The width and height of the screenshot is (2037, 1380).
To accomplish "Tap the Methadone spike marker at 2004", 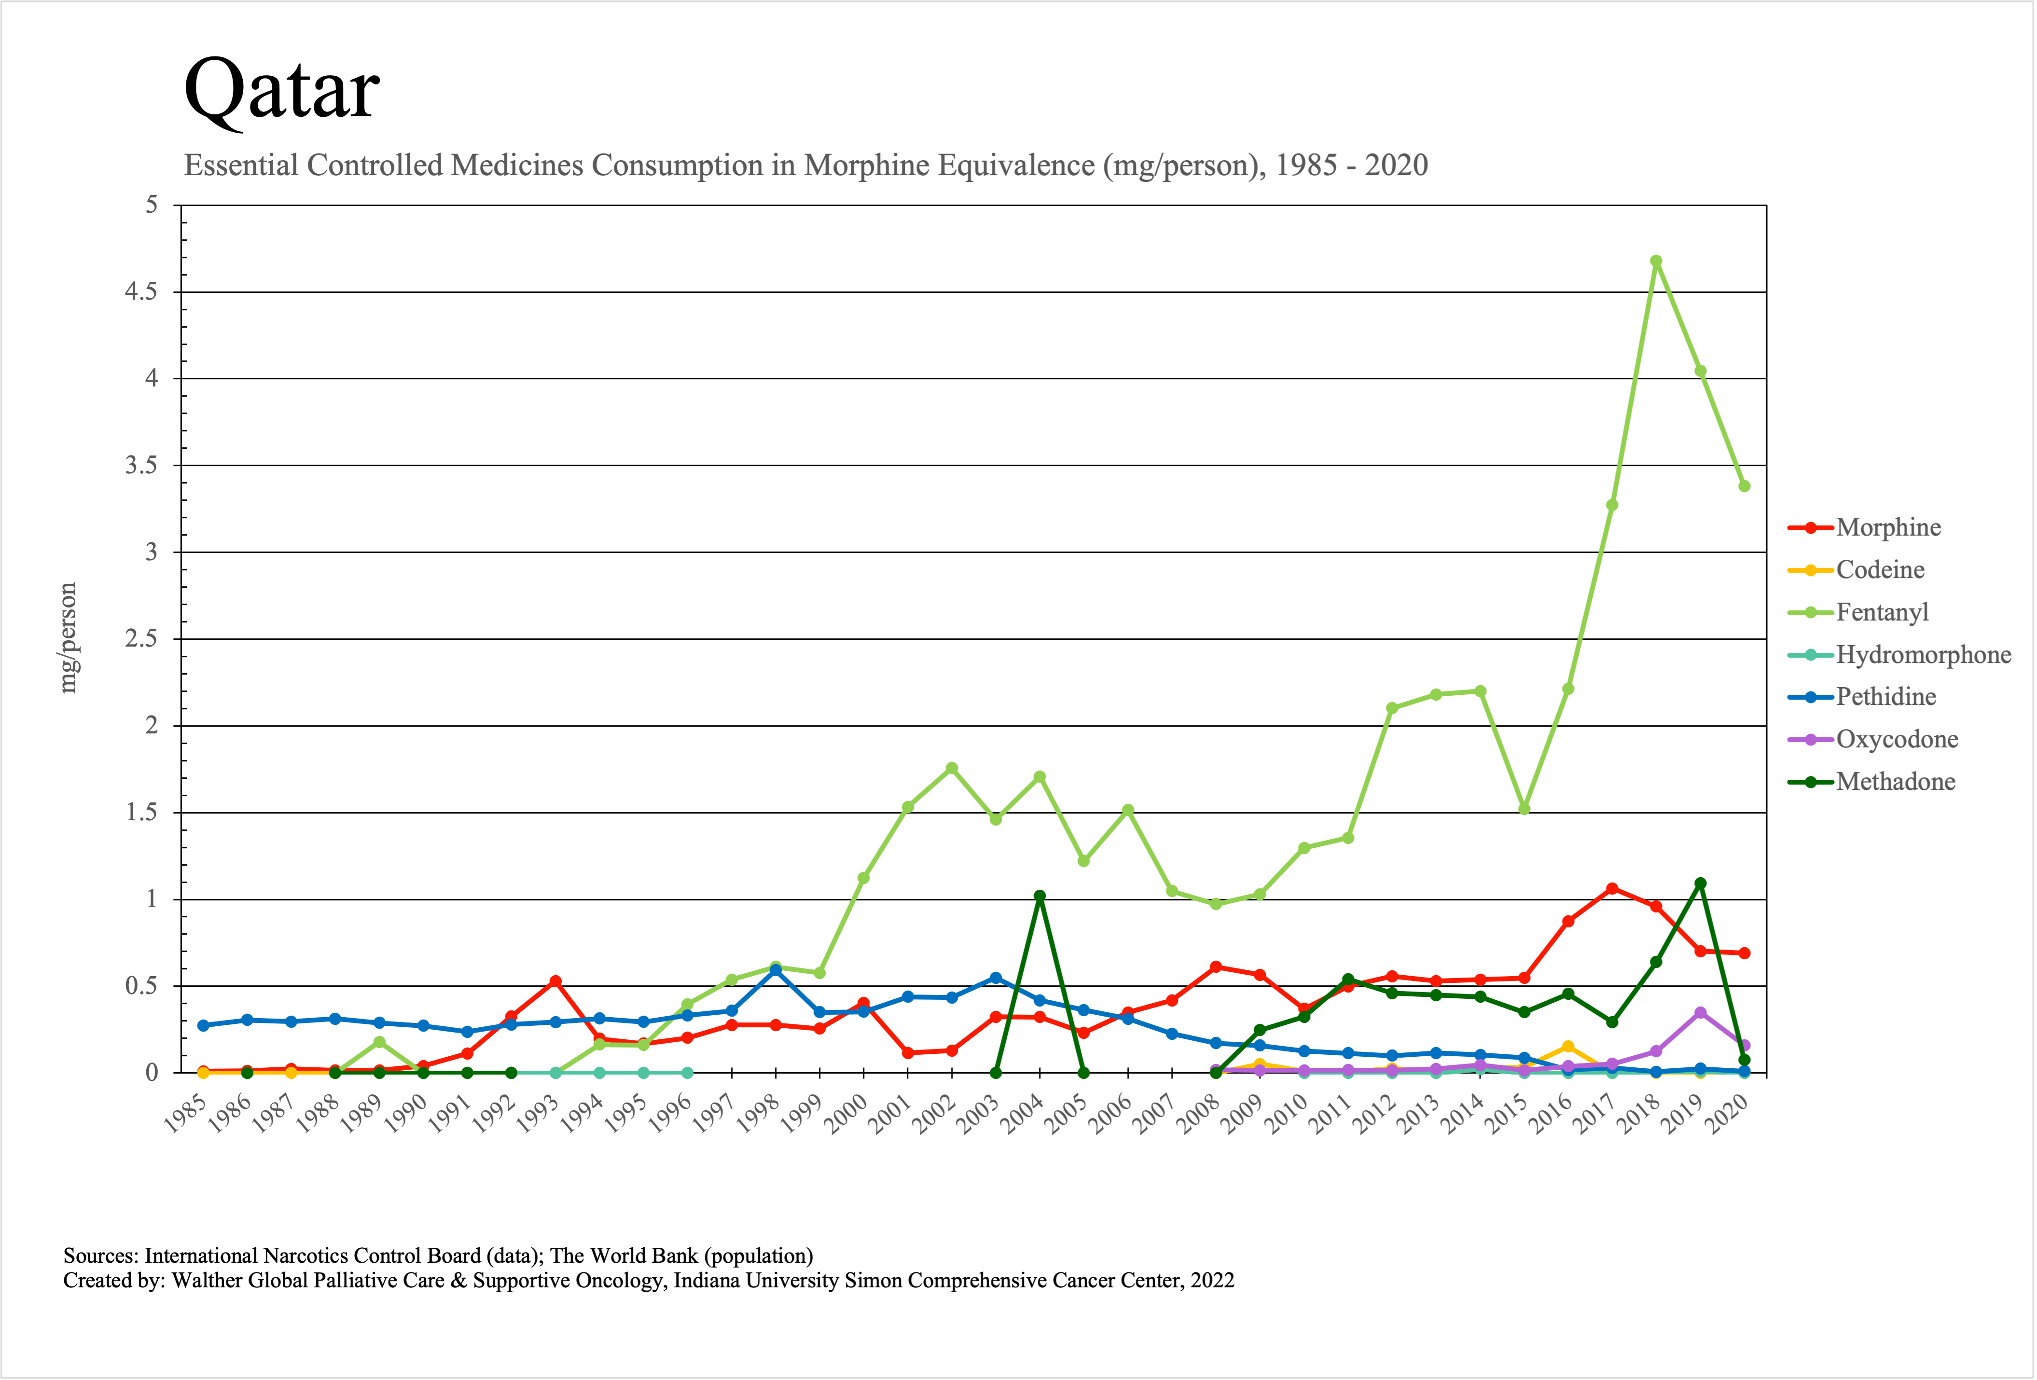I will (1039, 897).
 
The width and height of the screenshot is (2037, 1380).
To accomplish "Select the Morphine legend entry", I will (1888, 527).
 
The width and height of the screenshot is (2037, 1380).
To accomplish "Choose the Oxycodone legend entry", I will (1897, 740).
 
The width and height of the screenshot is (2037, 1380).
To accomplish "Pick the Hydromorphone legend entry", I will (1923, 654).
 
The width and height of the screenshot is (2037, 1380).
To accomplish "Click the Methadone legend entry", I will (1895, 782).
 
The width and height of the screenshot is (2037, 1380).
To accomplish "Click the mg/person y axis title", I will (69, 638).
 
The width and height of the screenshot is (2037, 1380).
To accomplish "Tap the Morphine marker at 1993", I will (555, 981).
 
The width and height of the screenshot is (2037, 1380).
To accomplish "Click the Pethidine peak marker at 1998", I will (775, 970).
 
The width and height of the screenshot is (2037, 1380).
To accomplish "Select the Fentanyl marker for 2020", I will (1744, 486).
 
